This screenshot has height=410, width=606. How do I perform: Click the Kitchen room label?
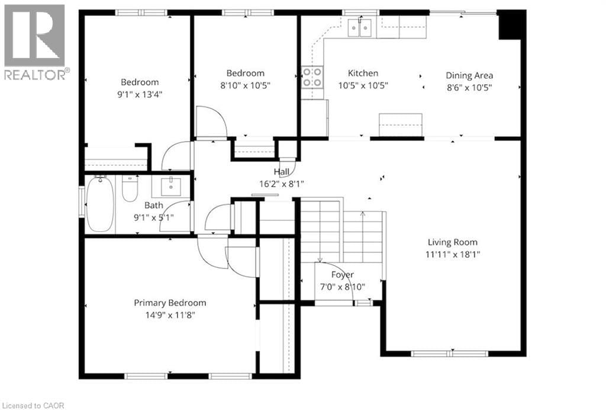(362, 73)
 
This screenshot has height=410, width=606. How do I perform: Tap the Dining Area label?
(469, 75)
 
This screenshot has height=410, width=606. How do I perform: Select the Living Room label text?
(453, 242)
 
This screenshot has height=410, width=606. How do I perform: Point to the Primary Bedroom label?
(170, 303)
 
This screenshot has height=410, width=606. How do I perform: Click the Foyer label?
(342, 275)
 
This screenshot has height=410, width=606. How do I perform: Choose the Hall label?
(281, 172)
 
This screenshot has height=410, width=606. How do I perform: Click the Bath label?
(154, 206)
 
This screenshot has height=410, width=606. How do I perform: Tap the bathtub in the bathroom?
(99, 204)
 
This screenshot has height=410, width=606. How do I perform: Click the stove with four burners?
(312, 78)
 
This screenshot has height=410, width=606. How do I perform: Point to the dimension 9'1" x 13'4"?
(140, 94)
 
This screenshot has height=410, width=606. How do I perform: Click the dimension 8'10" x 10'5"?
(246, 85)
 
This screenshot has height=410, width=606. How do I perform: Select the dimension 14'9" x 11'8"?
(170, 314)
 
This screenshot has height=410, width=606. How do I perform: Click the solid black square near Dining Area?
(511, 25)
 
